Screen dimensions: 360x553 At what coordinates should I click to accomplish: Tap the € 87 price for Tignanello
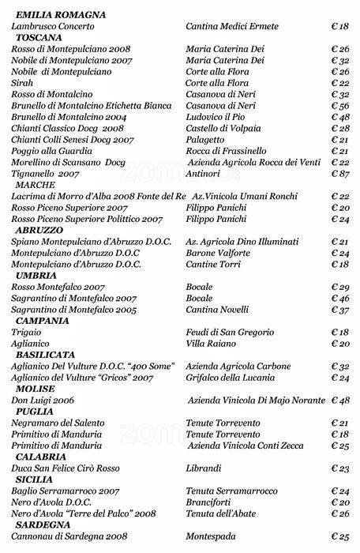(x=339, y=173)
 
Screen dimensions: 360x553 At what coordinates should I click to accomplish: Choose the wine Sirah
(x=21, y=83)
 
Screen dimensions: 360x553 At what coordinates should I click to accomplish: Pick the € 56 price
(x=339, y=106)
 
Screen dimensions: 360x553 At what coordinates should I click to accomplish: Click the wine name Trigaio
(x=26, y=333)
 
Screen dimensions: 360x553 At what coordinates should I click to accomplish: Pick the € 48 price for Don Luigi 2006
(x=339, y=401)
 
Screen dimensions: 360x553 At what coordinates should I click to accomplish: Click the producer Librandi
(x=204, y=468)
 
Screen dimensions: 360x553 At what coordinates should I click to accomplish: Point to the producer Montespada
(x=214, y=536)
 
